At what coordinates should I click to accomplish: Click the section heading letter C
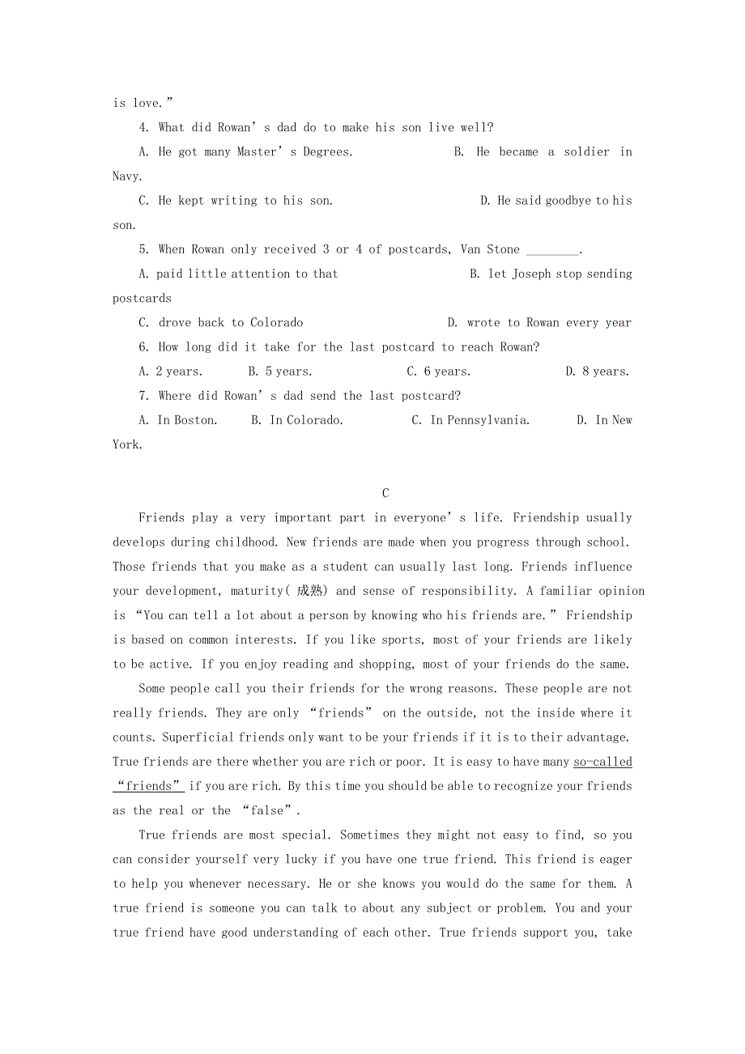pyautogui.click(x=385, y=493)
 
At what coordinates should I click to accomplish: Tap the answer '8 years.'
pyautogui.click(x=605, y=372)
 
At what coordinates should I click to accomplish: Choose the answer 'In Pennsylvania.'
pyautogui.click(x=479, y=420)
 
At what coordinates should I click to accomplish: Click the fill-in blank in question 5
pyautogui.click(x=553, y=250)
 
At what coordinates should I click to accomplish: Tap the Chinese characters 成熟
pyautogui.click(x=309, y=591)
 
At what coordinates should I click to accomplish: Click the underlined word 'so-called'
pyautogui.click(x=602, y=762)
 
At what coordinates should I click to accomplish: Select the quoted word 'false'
pyautogui.click(x=268, y=810)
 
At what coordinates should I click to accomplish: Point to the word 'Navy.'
pyautogui.click(x=127, y=176)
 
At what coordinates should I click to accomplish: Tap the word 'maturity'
pyautogui.click(x=256, y=591)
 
